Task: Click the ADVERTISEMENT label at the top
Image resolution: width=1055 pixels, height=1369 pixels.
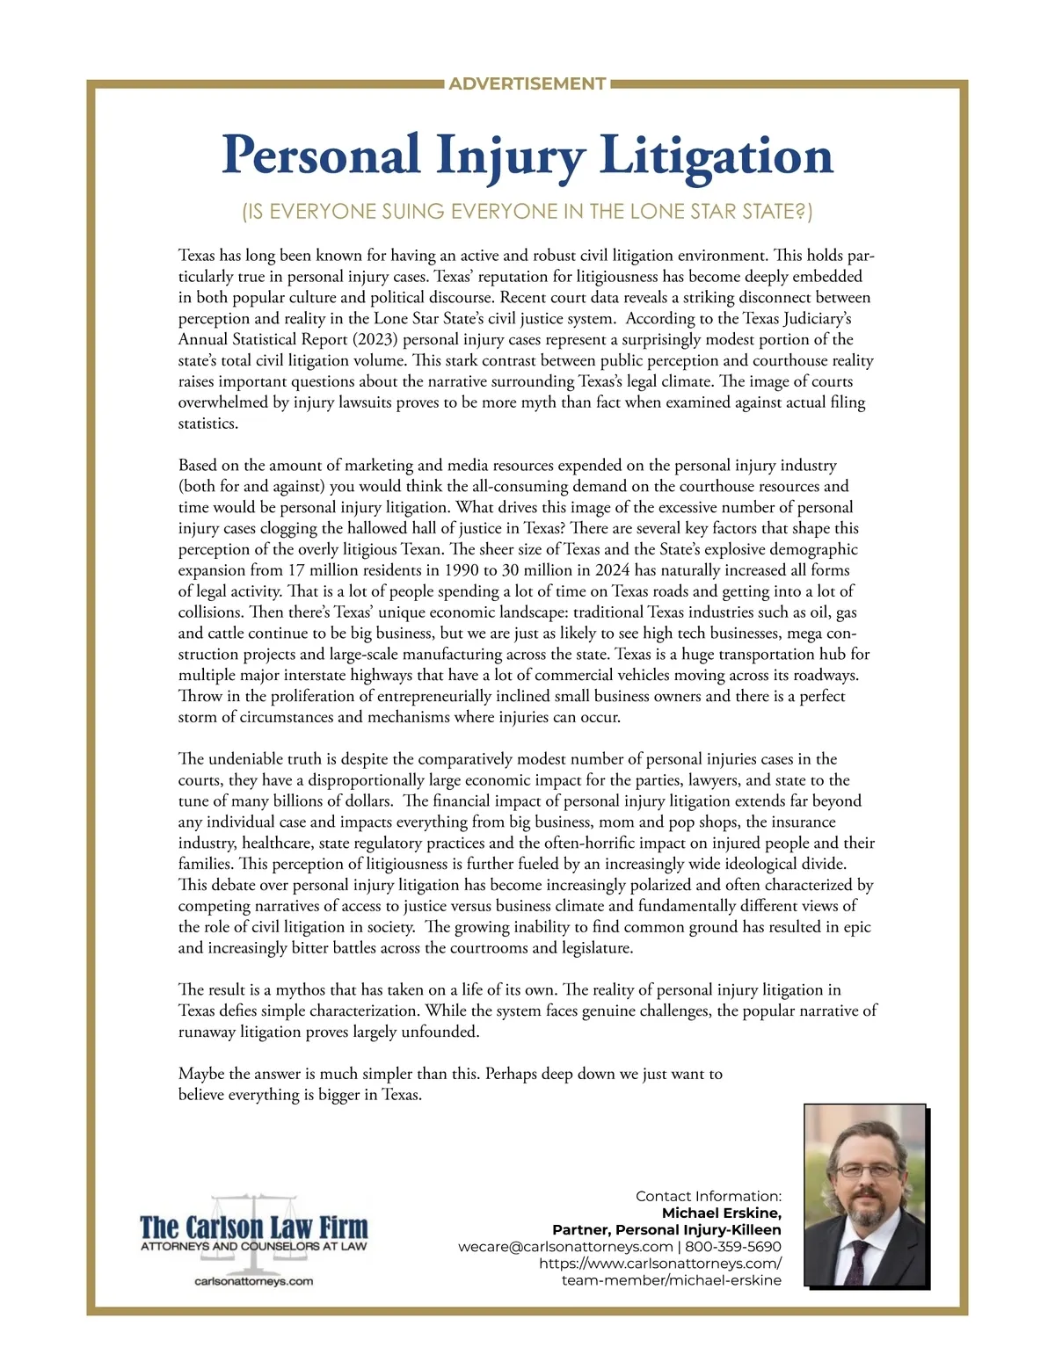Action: pyautogui.click(x=527, y=84)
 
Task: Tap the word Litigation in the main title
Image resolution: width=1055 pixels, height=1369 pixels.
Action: pyautogui.click(x=716, y=156)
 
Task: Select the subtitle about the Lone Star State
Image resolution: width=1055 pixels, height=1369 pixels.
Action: pyautogui.click(x=527, y=212)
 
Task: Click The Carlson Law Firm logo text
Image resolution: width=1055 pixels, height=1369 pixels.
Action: pyautogui.click(x=254, y=1227)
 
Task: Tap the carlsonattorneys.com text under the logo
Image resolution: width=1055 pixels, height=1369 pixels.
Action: pyautogui.click(x=254, y=1281)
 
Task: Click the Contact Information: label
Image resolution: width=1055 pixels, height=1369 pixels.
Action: pyautogui.click(x=708, y=1196)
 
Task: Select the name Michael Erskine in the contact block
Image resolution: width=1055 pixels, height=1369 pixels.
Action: pyautogui.click(x=721, y=1213)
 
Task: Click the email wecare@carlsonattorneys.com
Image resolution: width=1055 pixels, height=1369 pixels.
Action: pyautogui.click(x=565, y=1247)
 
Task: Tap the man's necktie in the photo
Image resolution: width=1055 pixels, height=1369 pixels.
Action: pyautogui.click(x=857, y=1261)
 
